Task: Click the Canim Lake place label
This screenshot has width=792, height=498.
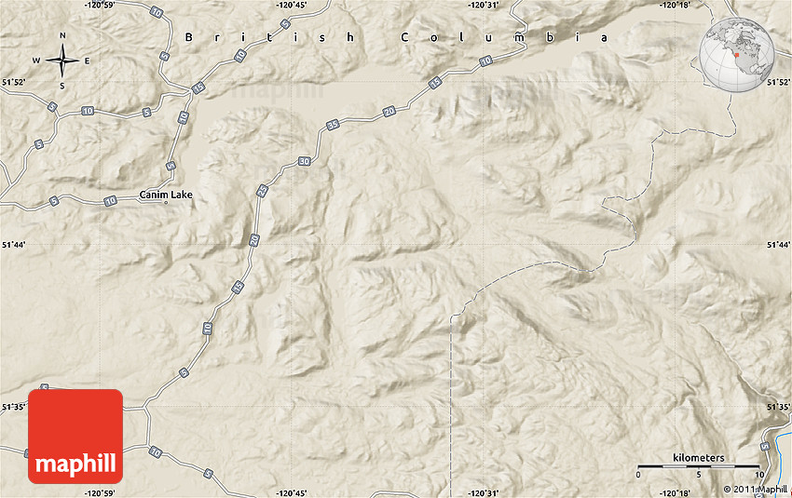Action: pyautogui.click(x=165, y=195)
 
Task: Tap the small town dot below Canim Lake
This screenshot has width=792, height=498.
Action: pyautogui.click(x=166, y=203)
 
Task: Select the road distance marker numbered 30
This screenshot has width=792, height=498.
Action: pyautogui.click(x=306, y=162)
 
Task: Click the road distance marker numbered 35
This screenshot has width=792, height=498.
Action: pyautogui.click(x=333, y=124)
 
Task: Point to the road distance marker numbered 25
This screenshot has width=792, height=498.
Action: pyautogui.click(x=262, y=190)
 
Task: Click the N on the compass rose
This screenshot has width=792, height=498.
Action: pyautogui.click(x=62, y=36)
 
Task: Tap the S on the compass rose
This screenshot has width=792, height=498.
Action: pyautogui.click(x=62, y=86)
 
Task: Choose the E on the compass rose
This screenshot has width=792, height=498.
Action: pyautogui.click(x=87, y=61)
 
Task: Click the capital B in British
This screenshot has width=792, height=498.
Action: pyautogui.click(x=189, y=37)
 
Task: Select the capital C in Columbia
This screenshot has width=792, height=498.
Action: pyautogui.click(x=406, y=37)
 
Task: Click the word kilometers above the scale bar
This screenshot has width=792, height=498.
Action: pyautogui.click(x=697, y=458)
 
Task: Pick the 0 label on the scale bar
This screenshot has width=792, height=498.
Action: pyautogui.click(x=638, y=475)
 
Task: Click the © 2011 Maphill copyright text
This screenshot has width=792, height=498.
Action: pyautogui.click(x=756, y=490)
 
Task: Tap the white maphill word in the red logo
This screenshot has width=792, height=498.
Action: pyautogui.click(x=75, y=464)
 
